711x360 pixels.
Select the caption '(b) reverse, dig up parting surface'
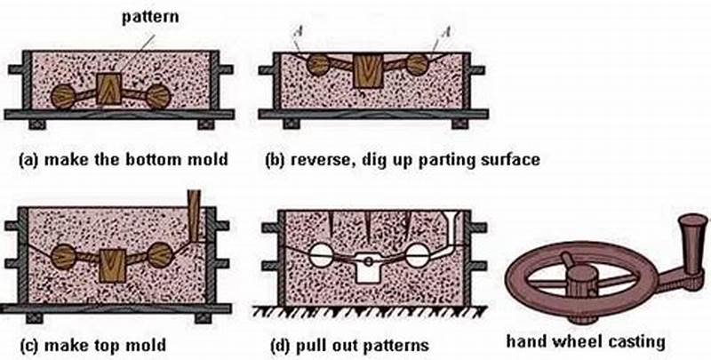click(403, 161)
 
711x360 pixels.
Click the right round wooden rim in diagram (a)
click(157, 96)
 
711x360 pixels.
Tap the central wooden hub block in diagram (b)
click(368, 70)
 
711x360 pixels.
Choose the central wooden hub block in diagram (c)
click(113, 265)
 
